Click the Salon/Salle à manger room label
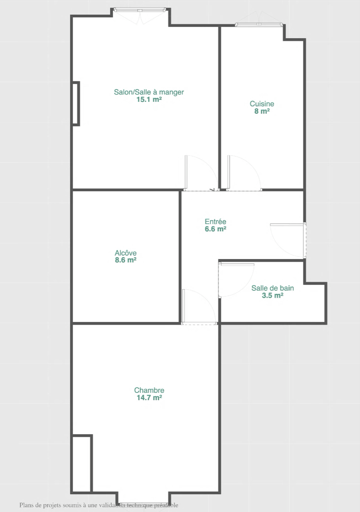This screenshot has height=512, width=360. coord(149,92)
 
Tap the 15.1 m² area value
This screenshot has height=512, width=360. coord(149,99)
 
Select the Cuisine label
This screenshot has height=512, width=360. coord(262,104)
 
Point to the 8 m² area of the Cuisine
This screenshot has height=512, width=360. coord(262,111)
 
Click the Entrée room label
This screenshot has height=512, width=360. coord(215,221)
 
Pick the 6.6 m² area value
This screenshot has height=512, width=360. coord(215,229)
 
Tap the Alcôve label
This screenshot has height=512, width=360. coord(126,253)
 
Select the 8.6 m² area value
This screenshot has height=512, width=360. coord(126,260)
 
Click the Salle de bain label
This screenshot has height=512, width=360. coord(273,288)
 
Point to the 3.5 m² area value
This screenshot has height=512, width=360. coord(273,295)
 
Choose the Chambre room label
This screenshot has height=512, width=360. coord(149,390)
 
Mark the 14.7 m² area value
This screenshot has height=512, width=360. coord(149,397)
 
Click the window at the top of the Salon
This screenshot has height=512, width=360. coord(140,10)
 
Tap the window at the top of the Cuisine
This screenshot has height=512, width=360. coord(259,24)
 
